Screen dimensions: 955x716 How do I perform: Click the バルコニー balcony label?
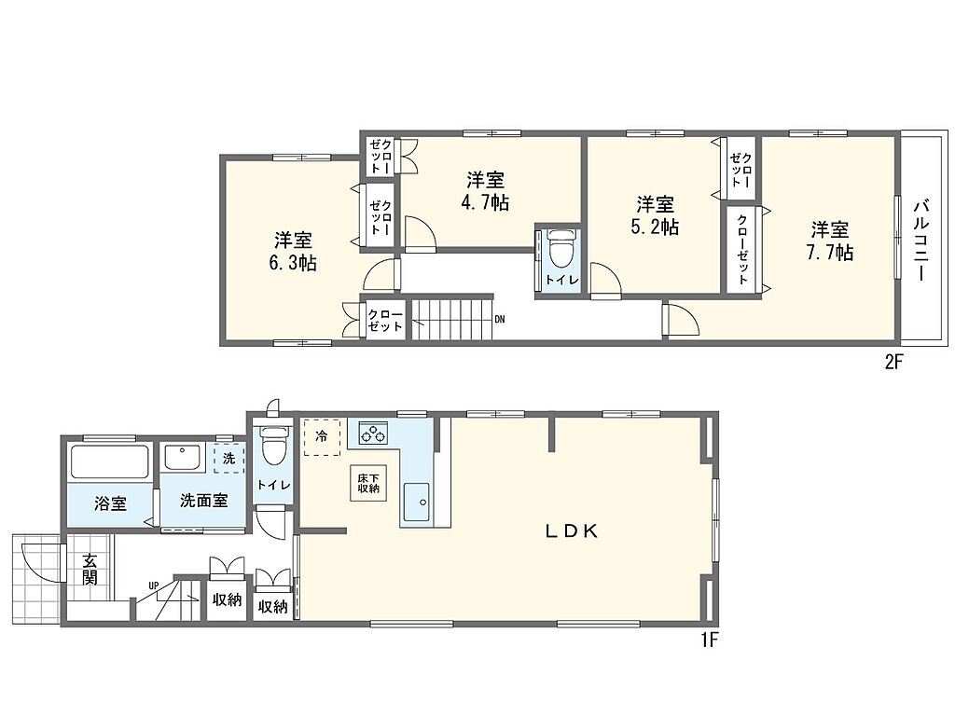pyautogui.click(x=920, y=240)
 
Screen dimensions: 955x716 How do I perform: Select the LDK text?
pyautogui.click(x=571, y=531)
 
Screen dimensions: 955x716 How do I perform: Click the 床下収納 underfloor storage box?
pyautogui.click(x=368, y=484)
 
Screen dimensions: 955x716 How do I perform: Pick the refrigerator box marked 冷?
pyautogui.click(x=322, y=436)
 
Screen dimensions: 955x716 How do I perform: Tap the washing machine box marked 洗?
pyautogui.click(x=229, y=459)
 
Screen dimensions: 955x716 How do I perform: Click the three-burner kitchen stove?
pyautogui.click(x=373, y=434)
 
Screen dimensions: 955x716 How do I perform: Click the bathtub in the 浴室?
pyautogui.click(x=110, y=462)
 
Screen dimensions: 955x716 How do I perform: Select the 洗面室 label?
pyautogui.click(x=204, y=501)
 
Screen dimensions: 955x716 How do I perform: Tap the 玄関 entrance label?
pyautogui.click(x=90, y=570)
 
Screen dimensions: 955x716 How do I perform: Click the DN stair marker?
pyautogui.click(x=500, y=319)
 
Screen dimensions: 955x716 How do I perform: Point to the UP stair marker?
pyautogui.click(x=153, y=585)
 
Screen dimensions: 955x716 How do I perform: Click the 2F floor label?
pyautogui.click(x=893, y=363)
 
